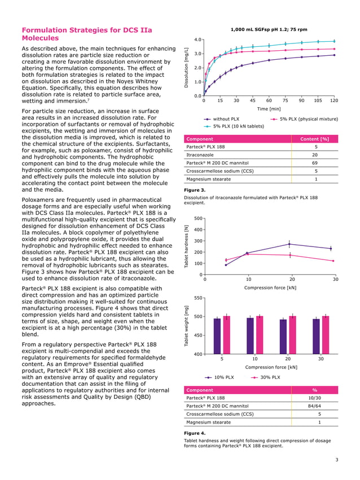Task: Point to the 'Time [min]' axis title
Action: (x=269, y=108)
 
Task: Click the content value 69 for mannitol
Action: (x=315, y=163)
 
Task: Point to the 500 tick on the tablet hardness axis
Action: (x=197, y=218)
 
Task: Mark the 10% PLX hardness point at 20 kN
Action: (x=289, y=244)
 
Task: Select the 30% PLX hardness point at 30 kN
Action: (x=333, y=261)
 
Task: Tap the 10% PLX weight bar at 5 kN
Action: (x=217, y=336)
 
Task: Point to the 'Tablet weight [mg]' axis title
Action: (x=187, y=327)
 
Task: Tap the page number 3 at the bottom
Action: (x=336, y=460)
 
